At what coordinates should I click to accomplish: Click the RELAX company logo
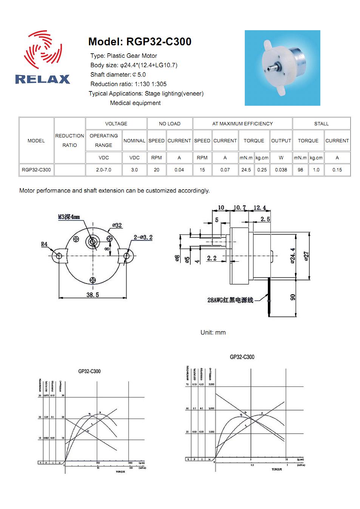(43, 57)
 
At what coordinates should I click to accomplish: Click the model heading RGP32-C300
(140, 42)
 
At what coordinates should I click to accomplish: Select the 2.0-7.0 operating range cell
(104, 170)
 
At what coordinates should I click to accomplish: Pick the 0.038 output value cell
(281, 170)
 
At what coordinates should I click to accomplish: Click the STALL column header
(321, 123)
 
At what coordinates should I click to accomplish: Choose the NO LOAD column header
(170, 123)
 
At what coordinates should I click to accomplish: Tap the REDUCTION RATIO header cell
(70, 140)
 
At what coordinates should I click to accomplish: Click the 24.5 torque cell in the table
(246, 170)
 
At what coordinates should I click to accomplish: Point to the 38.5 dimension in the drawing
(93, 295)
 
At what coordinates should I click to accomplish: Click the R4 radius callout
(44, 244)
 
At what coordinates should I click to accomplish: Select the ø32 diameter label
(117, 225)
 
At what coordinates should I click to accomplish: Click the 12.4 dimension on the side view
(260, 208)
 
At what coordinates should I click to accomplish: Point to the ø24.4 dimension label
(293, 256)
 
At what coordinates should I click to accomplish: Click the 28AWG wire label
(230, 300)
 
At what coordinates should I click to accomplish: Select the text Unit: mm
(213, 332)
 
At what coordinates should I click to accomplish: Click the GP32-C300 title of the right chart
(242, 357)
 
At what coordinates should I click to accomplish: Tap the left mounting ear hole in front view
(59, 256)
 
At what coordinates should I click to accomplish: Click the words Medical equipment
(135, 103)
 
